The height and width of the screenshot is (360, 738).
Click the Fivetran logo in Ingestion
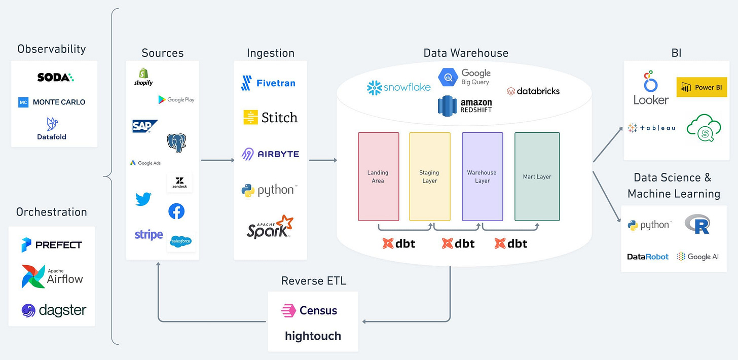268,83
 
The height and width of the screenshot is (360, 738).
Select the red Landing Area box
378,176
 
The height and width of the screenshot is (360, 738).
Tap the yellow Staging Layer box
429,176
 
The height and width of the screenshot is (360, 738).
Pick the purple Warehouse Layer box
482,176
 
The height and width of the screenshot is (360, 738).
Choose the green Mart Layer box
537,176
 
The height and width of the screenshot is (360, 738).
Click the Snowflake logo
399,87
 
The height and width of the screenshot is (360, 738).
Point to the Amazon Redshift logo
465,105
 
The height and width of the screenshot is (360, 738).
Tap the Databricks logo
533,91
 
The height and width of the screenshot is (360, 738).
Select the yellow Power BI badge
702,87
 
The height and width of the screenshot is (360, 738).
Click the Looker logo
651,89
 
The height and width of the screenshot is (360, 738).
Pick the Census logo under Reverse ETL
309,310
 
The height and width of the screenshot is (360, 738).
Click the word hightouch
313,336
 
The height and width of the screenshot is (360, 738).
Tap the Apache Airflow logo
52,276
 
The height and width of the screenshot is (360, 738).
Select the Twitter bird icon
143,199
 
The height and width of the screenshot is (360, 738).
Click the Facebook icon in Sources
176,211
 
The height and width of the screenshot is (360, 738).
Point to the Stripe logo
149,235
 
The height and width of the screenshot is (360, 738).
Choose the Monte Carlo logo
52,102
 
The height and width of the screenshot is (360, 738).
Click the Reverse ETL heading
314,280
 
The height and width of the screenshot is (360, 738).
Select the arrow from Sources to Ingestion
217,160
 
